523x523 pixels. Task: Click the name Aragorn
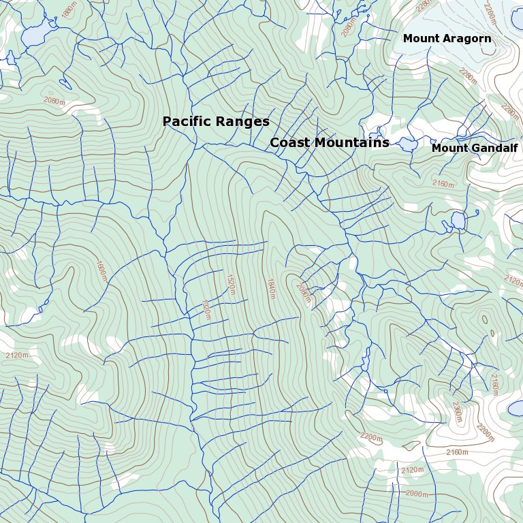pyautogui.click(x=466, y=39)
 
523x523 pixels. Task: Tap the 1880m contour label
pyautogui.click(x=69, y=12)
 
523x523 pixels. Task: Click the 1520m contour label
pyautogui.click(x=231, y=285)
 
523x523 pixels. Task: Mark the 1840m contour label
pyautogui.click(x=271, y=288)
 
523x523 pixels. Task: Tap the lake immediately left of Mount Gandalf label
pyautogui.click(x=408, y=144)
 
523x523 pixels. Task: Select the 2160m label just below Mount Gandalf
pyautogui.click(x=444, y=183)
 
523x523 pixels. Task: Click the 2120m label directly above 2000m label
pyautogui.click(x=413, y=471)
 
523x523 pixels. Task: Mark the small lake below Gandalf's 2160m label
pyautogui.click(x=458, y=221)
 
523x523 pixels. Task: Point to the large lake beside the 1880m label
pyautogui.click(x=34, y=33)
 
